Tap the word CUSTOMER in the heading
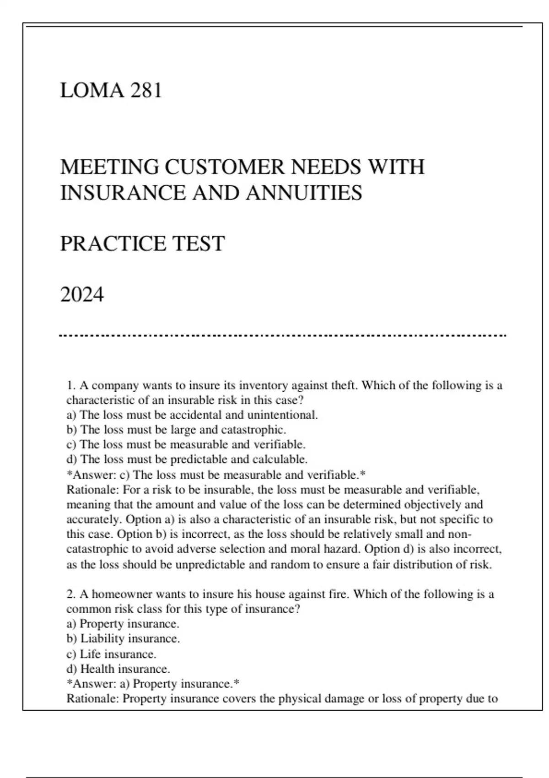pyautogui.click(x=224, y=167)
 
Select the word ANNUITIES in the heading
pyautogui.click(x=304, y=193)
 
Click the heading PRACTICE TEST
pyautogui.click(x=142, y=243)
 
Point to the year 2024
pyautogui.click(x=82, y=294)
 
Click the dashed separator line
pyautogui.click(x=283, y=336)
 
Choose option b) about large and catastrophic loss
pyautogui.click(x=176, y=430)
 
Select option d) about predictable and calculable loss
pyautogui.click(x=187, y=459)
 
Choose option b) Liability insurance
pyautogui.click(x=123, y=638)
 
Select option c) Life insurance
pyautogui.click(x=111, y=654)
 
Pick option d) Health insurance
pyautogui.click(x=118, y=669)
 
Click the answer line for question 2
pyautogui.click(x=153, y=684)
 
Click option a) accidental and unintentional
pyautogui.click(x=192, y=415)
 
